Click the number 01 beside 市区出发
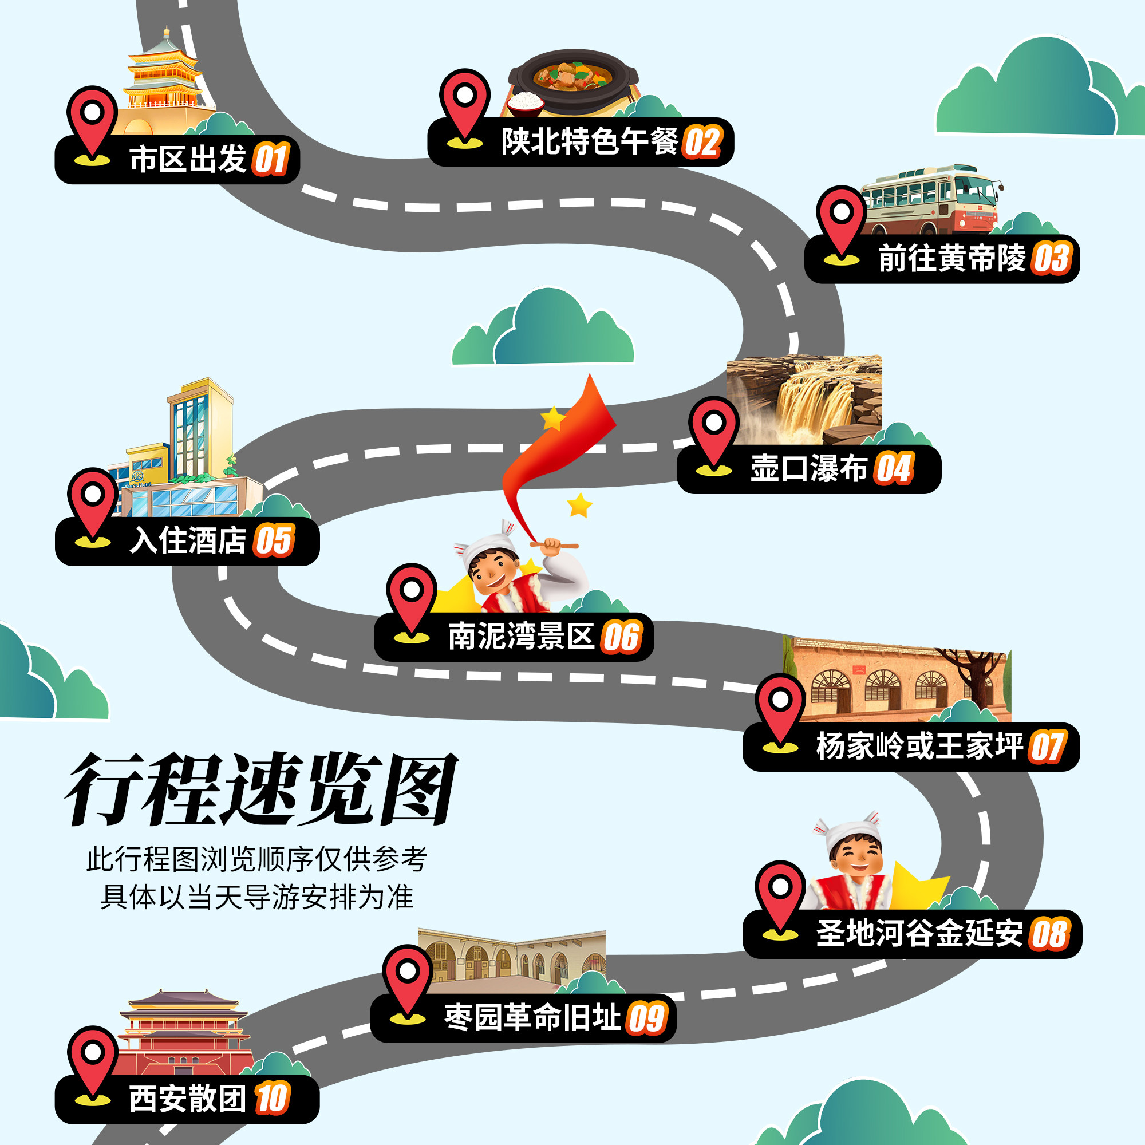(271, 159)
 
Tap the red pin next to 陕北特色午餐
(465, 104)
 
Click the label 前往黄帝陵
(952, 258)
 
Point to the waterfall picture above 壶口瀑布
(804, 400)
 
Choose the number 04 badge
(895, 469)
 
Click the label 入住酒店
(188, 540)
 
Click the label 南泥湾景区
(521, 637)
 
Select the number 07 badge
(1048, 746)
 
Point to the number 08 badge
(1050, 933)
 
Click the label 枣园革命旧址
(532, 1017)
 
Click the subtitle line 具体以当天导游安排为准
(257, 897)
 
